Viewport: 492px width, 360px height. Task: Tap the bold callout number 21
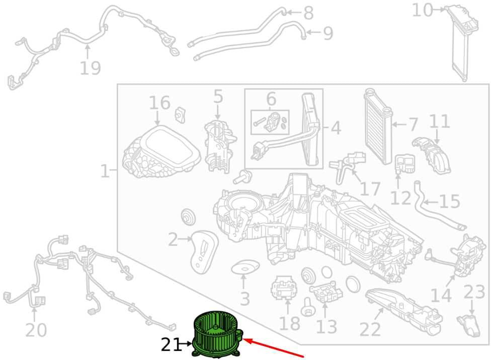[x=171, y=345]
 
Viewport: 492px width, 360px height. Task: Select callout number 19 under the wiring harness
[x=90, y=68]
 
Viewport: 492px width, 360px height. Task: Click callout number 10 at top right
[x=423, y=10]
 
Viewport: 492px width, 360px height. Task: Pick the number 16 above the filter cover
[x=159, y=103]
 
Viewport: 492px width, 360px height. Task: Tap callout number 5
[x=218, y=96]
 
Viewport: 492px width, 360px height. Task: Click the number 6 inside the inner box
[x=271, y=99]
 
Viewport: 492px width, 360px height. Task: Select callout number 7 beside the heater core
[x=413, y=125]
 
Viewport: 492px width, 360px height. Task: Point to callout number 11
[x=439, y=121]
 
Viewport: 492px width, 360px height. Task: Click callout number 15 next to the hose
[x=450, y=201]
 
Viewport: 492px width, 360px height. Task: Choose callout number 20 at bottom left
[x=36, y=330]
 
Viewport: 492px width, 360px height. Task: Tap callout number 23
[x=474, y=292]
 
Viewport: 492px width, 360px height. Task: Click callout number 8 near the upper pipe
[x=308, y=13]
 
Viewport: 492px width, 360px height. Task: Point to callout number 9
[x=327, y=33]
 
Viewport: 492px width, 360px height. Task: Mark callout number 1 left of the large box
[x=105, y=171]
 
